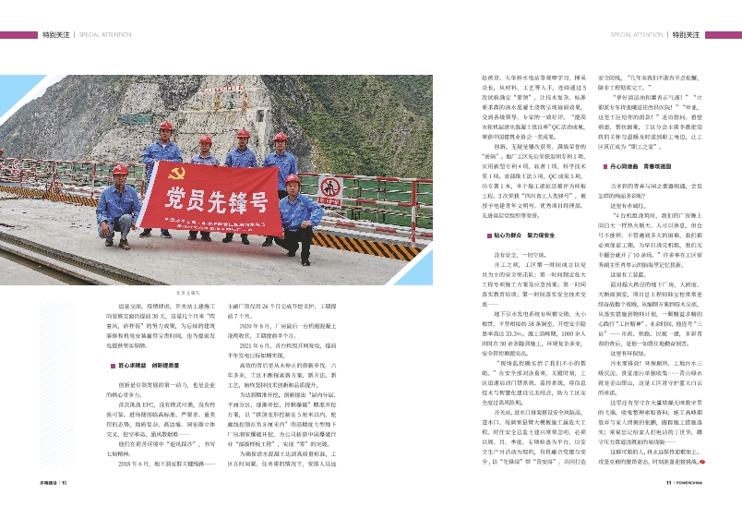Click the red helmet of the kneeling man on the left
[119, 171]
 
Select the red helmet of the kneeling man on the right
[292, 180]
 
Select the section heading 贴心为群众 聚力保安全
[523, 235]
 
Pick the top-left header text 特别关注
[55, 34]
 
